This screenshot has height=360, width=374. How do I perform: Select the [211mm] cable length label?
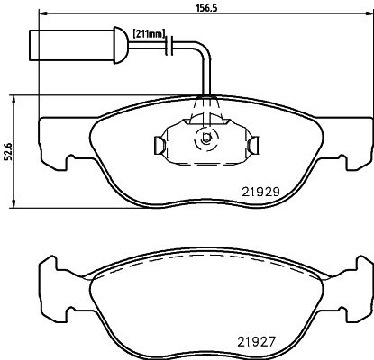tap(148, 34)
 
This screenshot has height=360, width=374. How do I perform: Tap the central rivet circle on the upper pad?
tap(205, 139)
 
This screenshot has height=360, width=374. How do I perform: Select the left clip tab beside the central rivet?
tap(157, 144)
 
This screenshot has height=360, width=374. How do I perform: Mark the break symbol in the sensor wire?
tap(173, 43)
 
